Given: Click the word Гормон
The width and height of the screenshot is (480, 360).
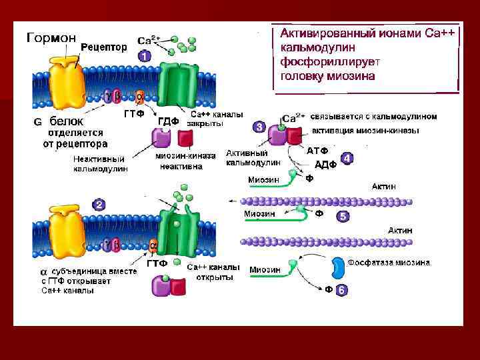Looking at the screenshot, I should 50,37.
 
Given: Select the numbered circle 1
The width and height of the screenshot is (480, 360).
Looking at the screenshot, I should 145,57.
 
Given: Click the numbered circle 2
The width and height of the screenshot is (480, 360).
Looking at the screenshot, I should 99,204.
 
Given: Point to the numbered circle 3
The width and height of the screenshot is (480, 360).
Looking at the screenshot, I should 258,126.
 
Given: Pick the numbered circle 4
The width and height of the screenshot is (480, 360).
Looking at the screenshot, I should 347,159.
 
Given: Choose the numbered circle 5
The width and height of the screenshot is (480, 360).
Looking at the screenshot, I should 343,216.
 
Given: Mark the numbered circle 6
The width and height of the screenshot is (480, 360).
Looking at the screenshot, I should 341,291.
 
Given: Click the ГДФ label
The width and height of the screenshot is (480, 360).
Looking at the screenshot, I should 168,121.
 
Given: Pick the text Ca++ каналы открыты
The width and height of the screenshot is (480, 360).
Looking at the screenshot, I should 213,271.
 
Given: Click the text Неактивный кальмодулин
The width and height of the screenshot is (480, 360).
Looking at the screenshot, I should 100,164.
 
